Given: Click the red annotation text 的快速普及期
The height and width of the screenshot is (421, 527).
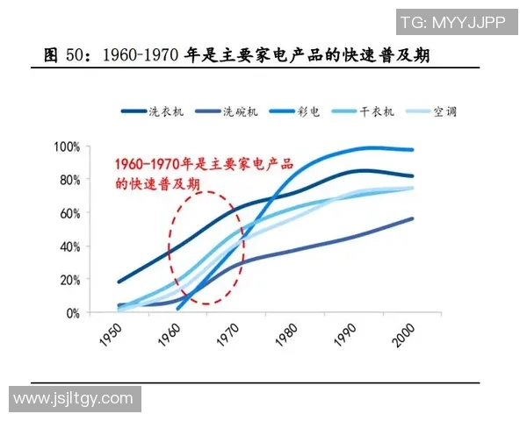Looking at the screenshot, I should (x=157, y=184).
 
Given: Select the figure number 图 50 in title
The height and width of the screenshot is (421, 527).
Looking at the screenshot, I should (x=66, y=55).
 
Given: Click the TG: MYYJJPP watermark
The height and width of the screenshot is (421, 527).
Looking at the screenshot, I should (x=452, y=21).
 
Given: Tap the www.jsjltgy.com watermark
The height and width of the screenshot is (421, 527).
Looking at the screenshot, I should (x=73, y=399).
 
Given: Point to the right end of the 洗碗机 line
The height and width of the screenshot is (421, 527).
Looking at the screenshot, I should (x=413, y=218).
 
